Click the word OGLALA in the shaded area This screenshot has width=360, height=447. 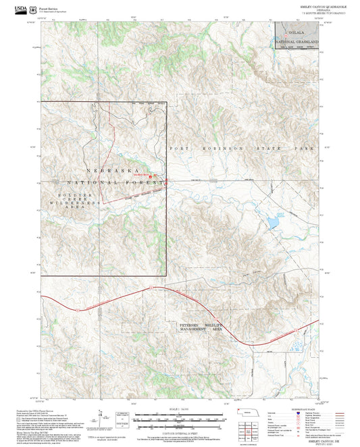tap(297, 32)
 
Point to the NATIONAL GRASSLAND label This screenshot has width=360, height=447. tap(296, 42)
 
